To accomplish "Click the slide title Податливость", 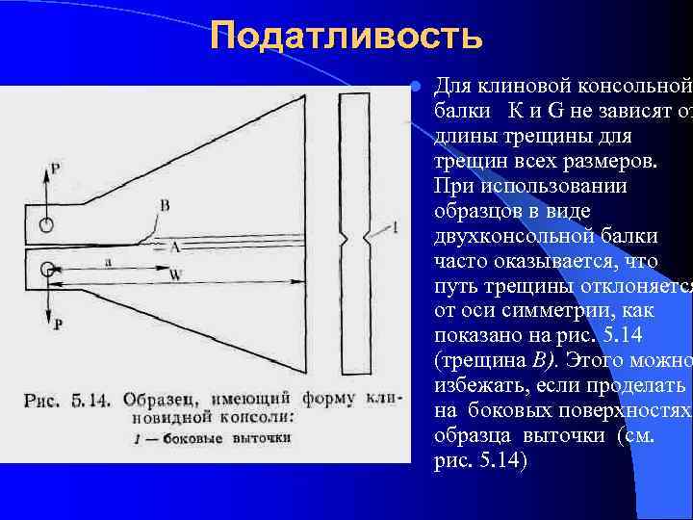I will pyautogui.click(x=346, y=37).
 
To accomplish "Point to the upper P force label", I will pyautogui.click(x=55, y=169).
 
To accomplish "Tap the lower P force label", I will pyautogui.click(x=58, y=325).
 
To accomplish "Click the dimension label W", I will pyautogui.click(x=175, y=273).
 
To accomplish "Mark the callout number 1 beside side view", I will pyautogui.click(x=395, y=228).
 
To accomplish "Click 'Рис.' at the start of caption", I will pyautogui.click(x=41, y=399).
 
